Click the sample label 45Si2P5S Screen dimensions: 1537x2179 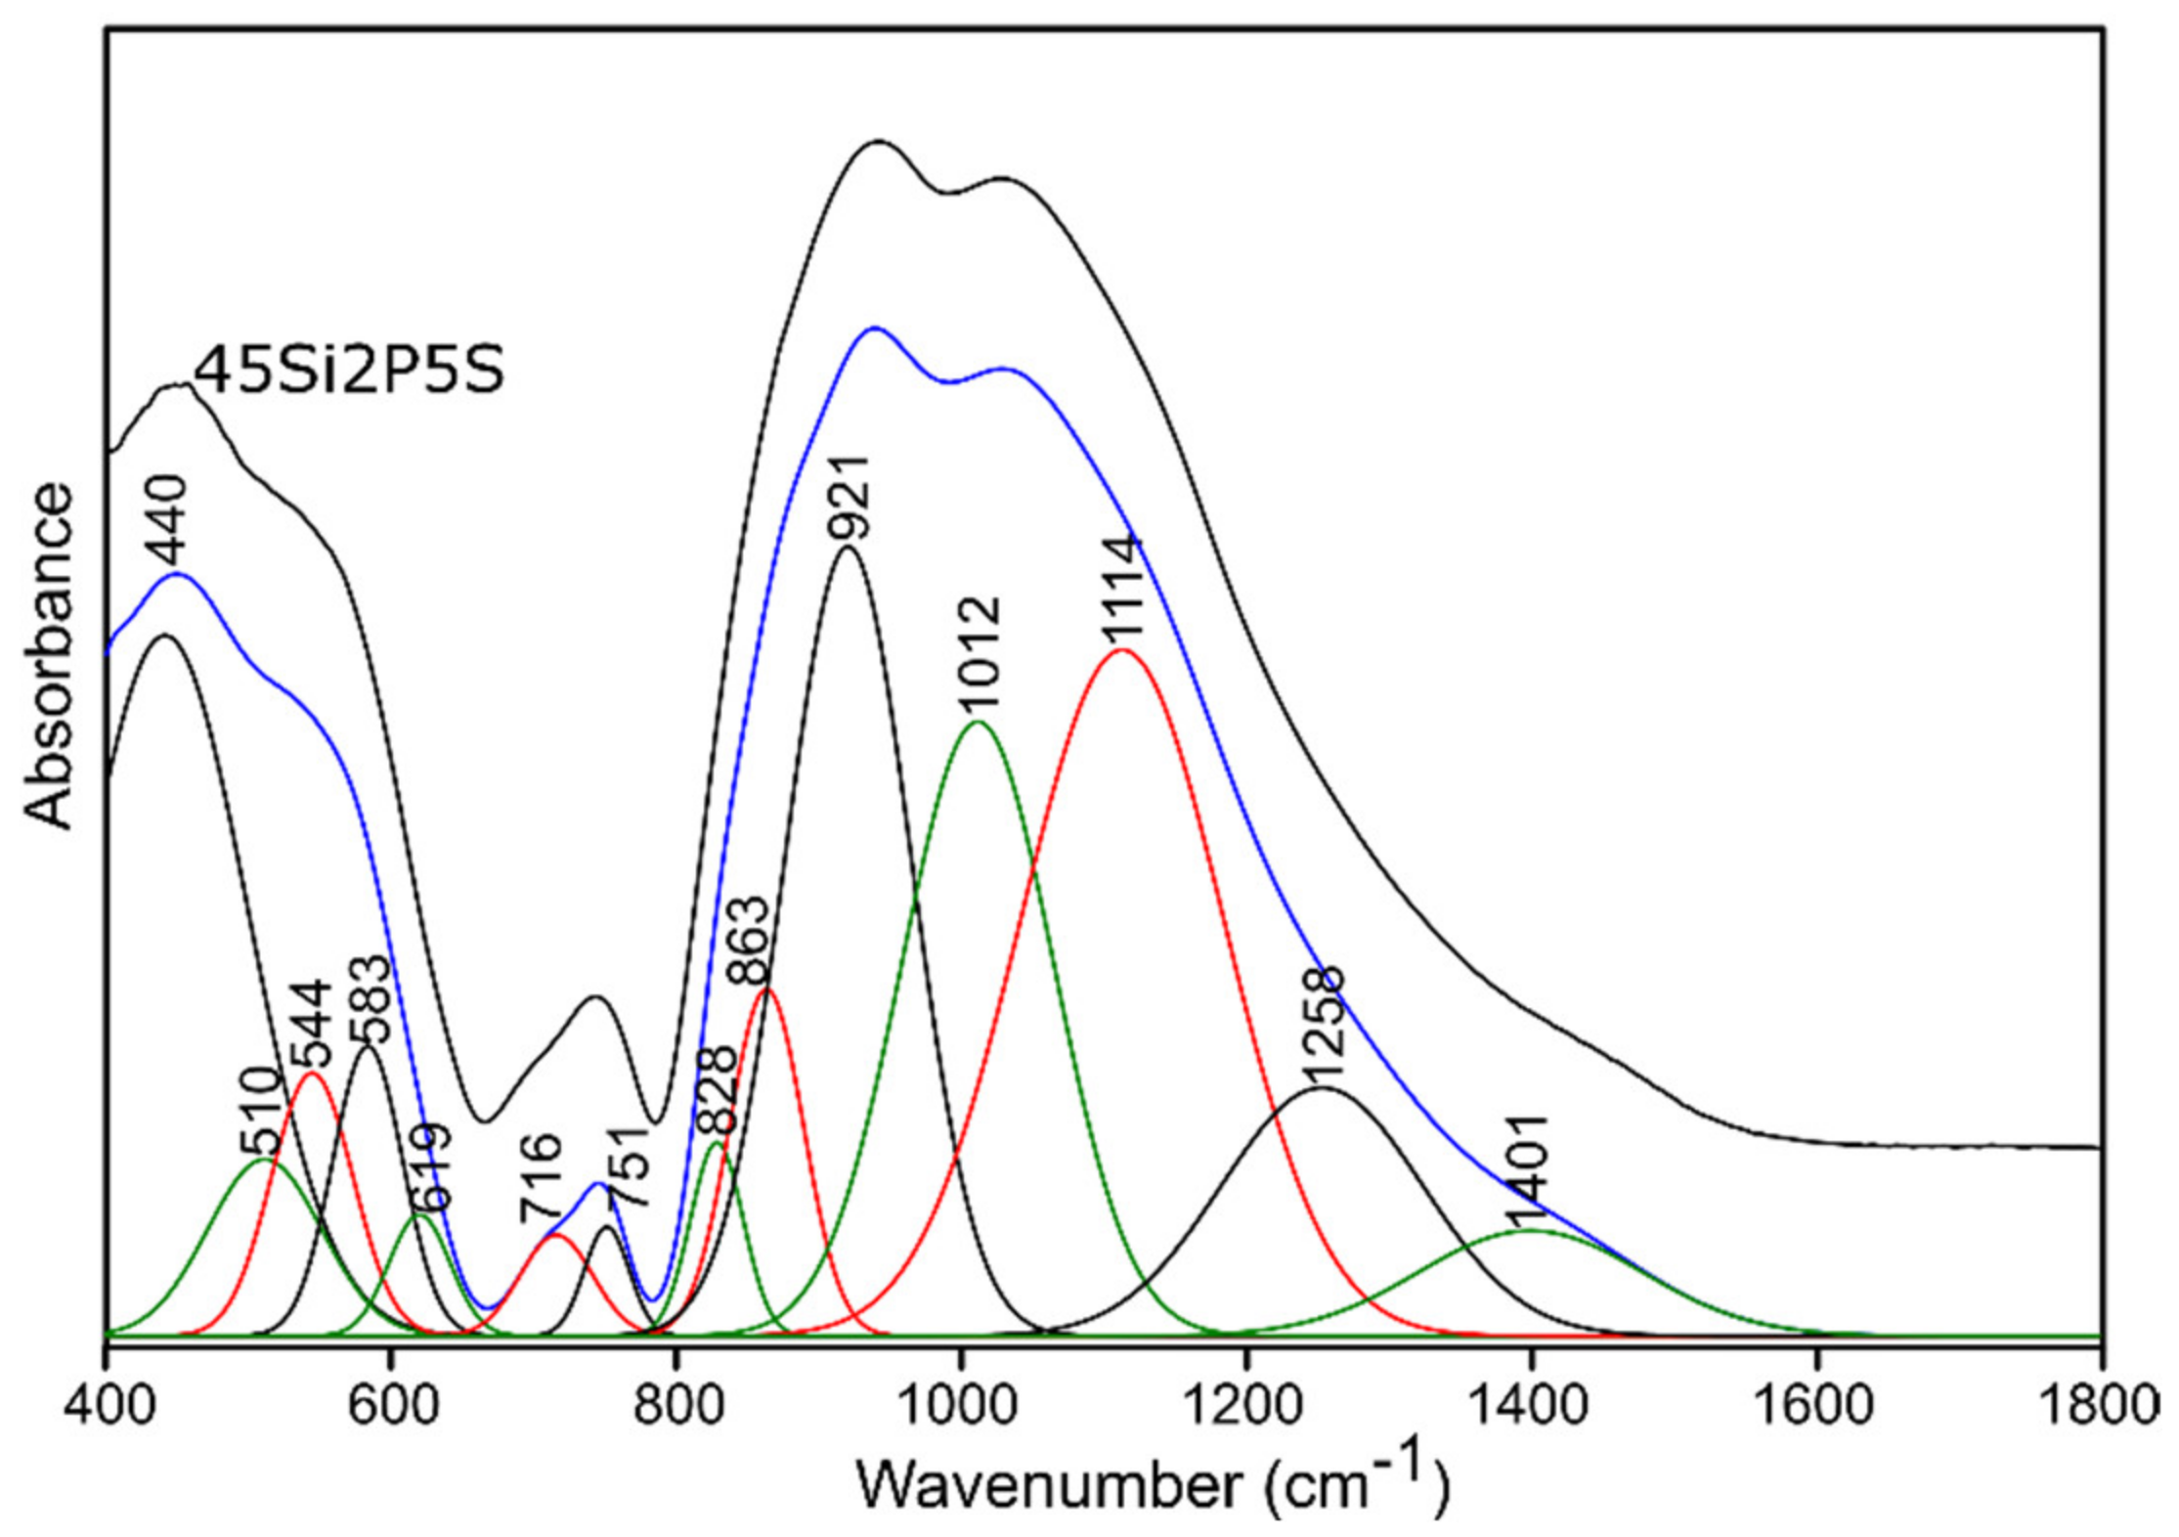349,372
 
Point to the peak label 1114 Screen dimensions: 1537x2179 1121,590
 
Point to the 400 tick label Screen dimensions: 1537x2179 106,1404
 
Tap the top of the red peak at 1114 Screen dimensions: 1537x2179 1121,649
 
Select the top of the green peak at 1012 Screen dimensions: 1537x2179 977,722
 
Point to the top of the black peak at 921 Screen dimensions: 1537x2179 848,548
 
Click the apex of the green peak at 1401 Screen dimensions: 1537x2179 1533,1230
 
